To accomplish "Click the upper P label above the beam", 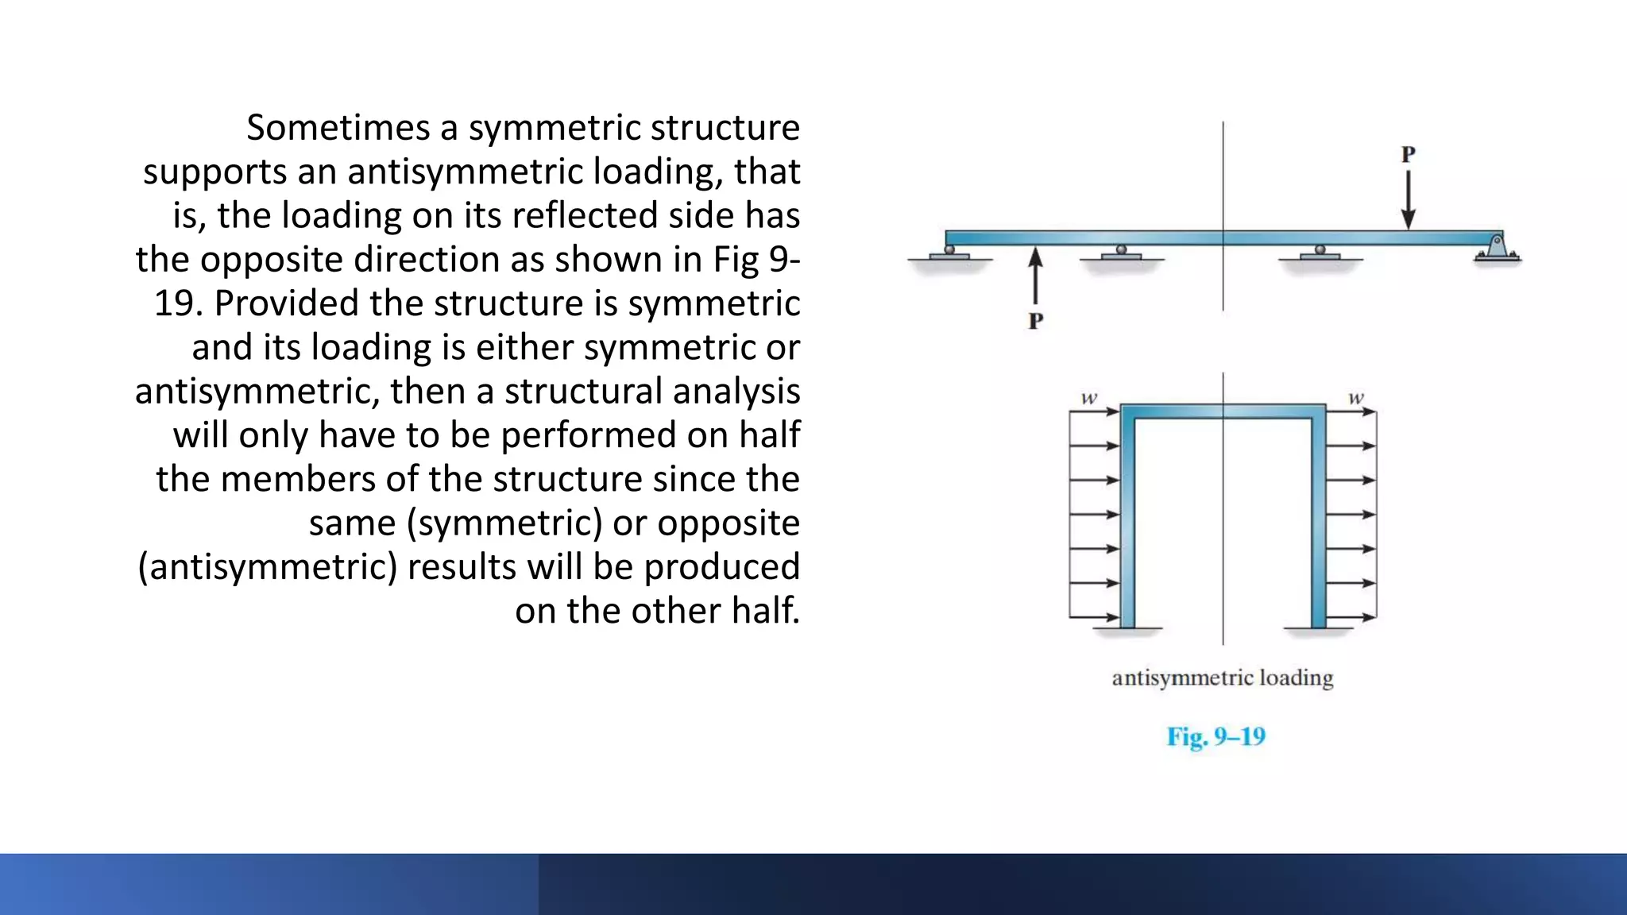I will click(1408, 154).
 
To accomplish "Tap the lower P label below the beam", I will click(1035, 321).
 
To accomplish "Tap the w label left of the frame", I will click(1088, 398).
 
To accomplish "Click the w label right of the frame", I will click(1356, 398).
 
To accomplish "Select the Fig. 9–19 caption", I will click(1215, 737).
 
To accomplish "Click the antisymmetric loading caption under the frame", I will click(1222, 678).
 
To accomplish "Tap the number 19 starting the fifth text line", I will click(174, 304).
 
